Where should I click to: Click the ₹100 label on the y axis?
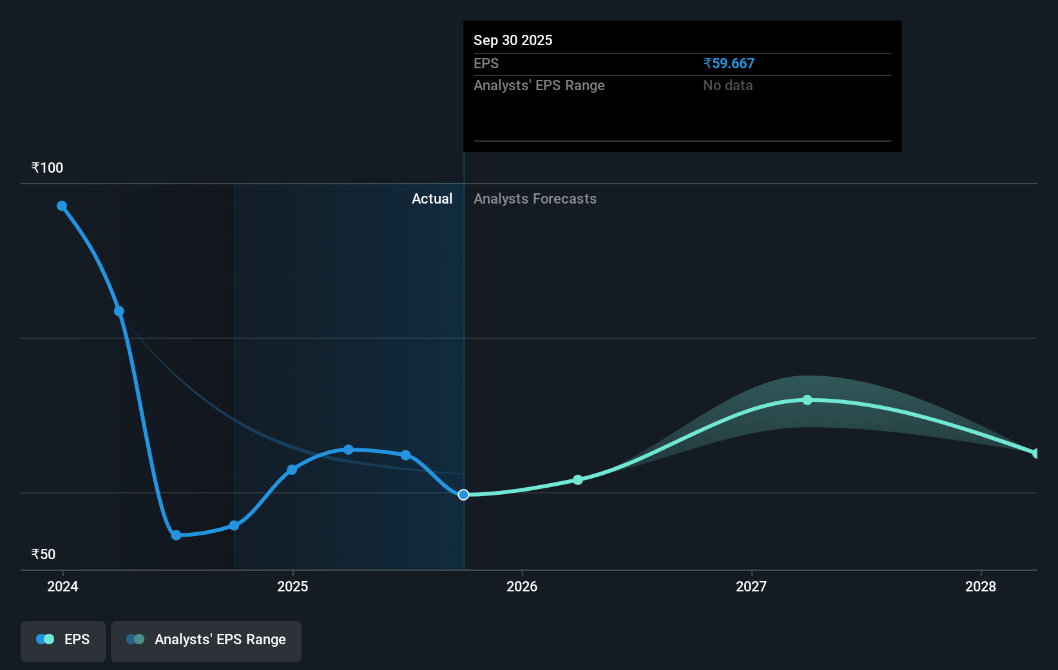(x=47, y=168)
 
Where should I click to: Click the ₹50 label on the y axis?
(x=43, y=555)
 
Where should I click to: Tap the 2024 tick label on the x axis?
(x=63, y=586)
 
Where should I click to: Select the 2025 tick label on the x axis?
(x=293, y=586)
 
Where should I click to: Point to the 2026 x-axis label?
(x=522, y=586)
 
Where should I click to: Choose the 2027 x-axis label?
(x=751, y=586)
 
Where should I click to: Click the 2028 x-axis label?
(x=981, y=586)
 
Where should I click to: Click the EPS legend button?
(x=63, y=640)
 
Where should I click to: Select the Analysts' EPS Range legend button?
(x=206, y=640)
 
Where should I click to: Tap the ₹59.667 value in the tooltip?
(x=729, y=64)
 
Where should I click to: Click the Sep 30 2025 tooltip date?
(x=513, y=41)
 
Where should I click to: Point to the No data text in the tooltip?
(x=727, y=86)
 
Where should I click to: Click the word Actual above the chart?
(x=432, y=199)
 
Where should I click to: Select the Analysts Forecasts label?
(x=535, y=199)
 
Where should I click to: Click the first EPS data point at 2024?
(x=62, y=206)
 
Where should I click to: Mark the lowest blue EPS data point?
(x=177, y=535)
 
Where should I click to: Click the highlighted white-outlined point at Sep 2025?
(x=463, y=495)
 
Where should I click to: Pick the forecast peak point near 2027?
(x=807, y=400)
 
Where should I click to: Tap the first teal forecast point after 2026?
(x=578, y=480)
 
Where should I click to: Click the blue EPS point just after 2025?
(x=292, y=470)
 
